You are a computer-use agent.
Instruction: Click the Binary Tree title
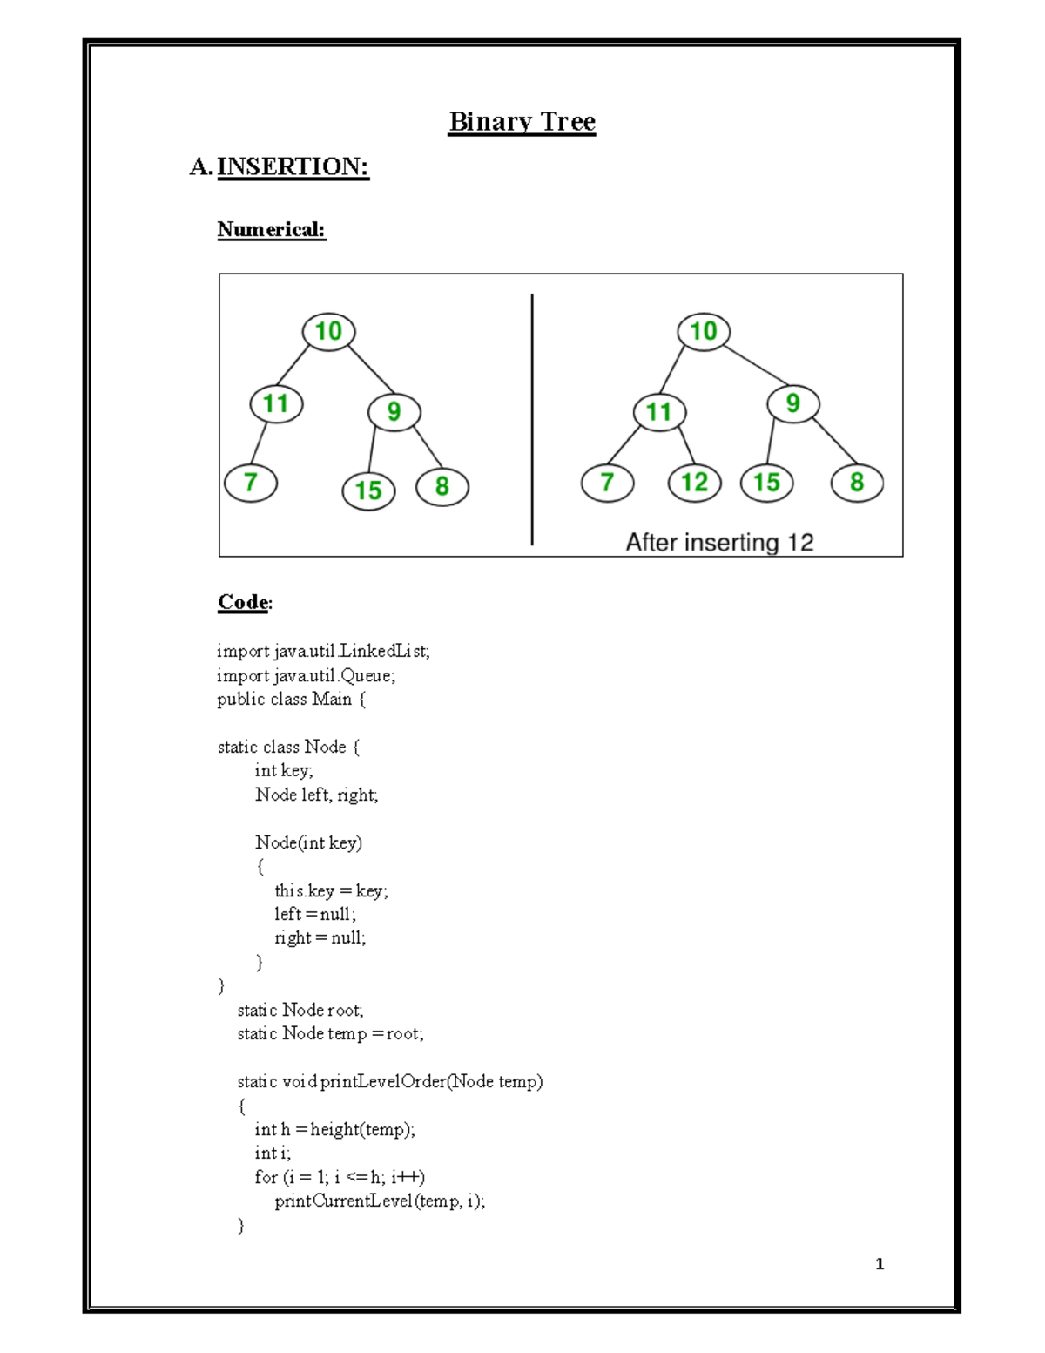click(x=522, y=122)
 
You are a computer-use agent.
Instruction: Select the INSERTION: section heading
click(x=293, y=166)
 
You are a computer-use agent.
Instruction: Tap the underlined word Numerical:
click(x=271, y=230)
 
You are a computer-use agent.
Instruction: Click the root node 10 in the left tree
click(x=328, y=331)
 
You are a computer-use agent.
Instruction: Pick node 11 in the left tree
click(x=276, y=403)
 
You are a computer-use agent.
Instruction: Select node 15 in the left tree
click(x=368, y=490)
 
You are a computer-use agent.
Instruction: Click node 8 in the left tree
click(x=442, y=486)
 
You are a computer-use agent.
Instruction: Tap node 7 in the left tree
click(x=251, y=483)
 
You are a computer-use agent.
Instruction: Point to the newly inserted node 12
click(x=694, y=483)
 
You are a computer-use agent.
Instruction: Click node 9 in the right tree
click(x=792, y=403)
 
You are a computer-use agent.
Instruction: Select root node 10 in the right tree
click(x=704, y=331)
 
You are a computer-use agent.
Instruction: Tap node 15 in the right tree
click(x=766, y=483)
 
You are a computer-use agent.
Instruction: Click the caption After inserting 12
click(x=719, y=543)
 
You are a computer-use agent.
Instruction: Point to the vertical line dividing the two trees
click(x=532, y=419)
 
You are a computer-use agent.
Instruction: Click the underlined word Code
click(x=243, y=602)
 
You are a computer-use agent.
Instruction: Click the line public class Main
click(x=292, y=699)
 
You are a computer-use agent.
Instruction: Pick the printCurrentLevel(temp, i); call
click(x=380, y=1201)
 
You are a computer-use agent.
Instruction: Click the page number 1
click(x=880, y=1264)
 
